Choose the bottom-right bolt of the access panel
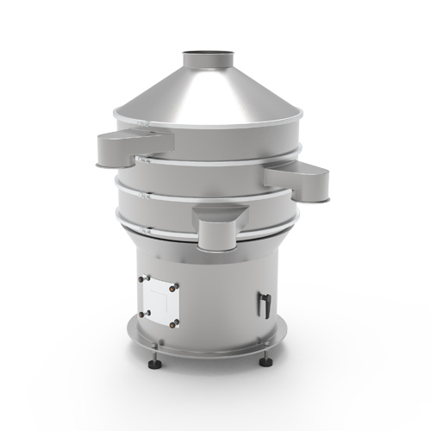[x=178, y=324]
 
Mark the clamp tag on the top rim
[x=145, y=127]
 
